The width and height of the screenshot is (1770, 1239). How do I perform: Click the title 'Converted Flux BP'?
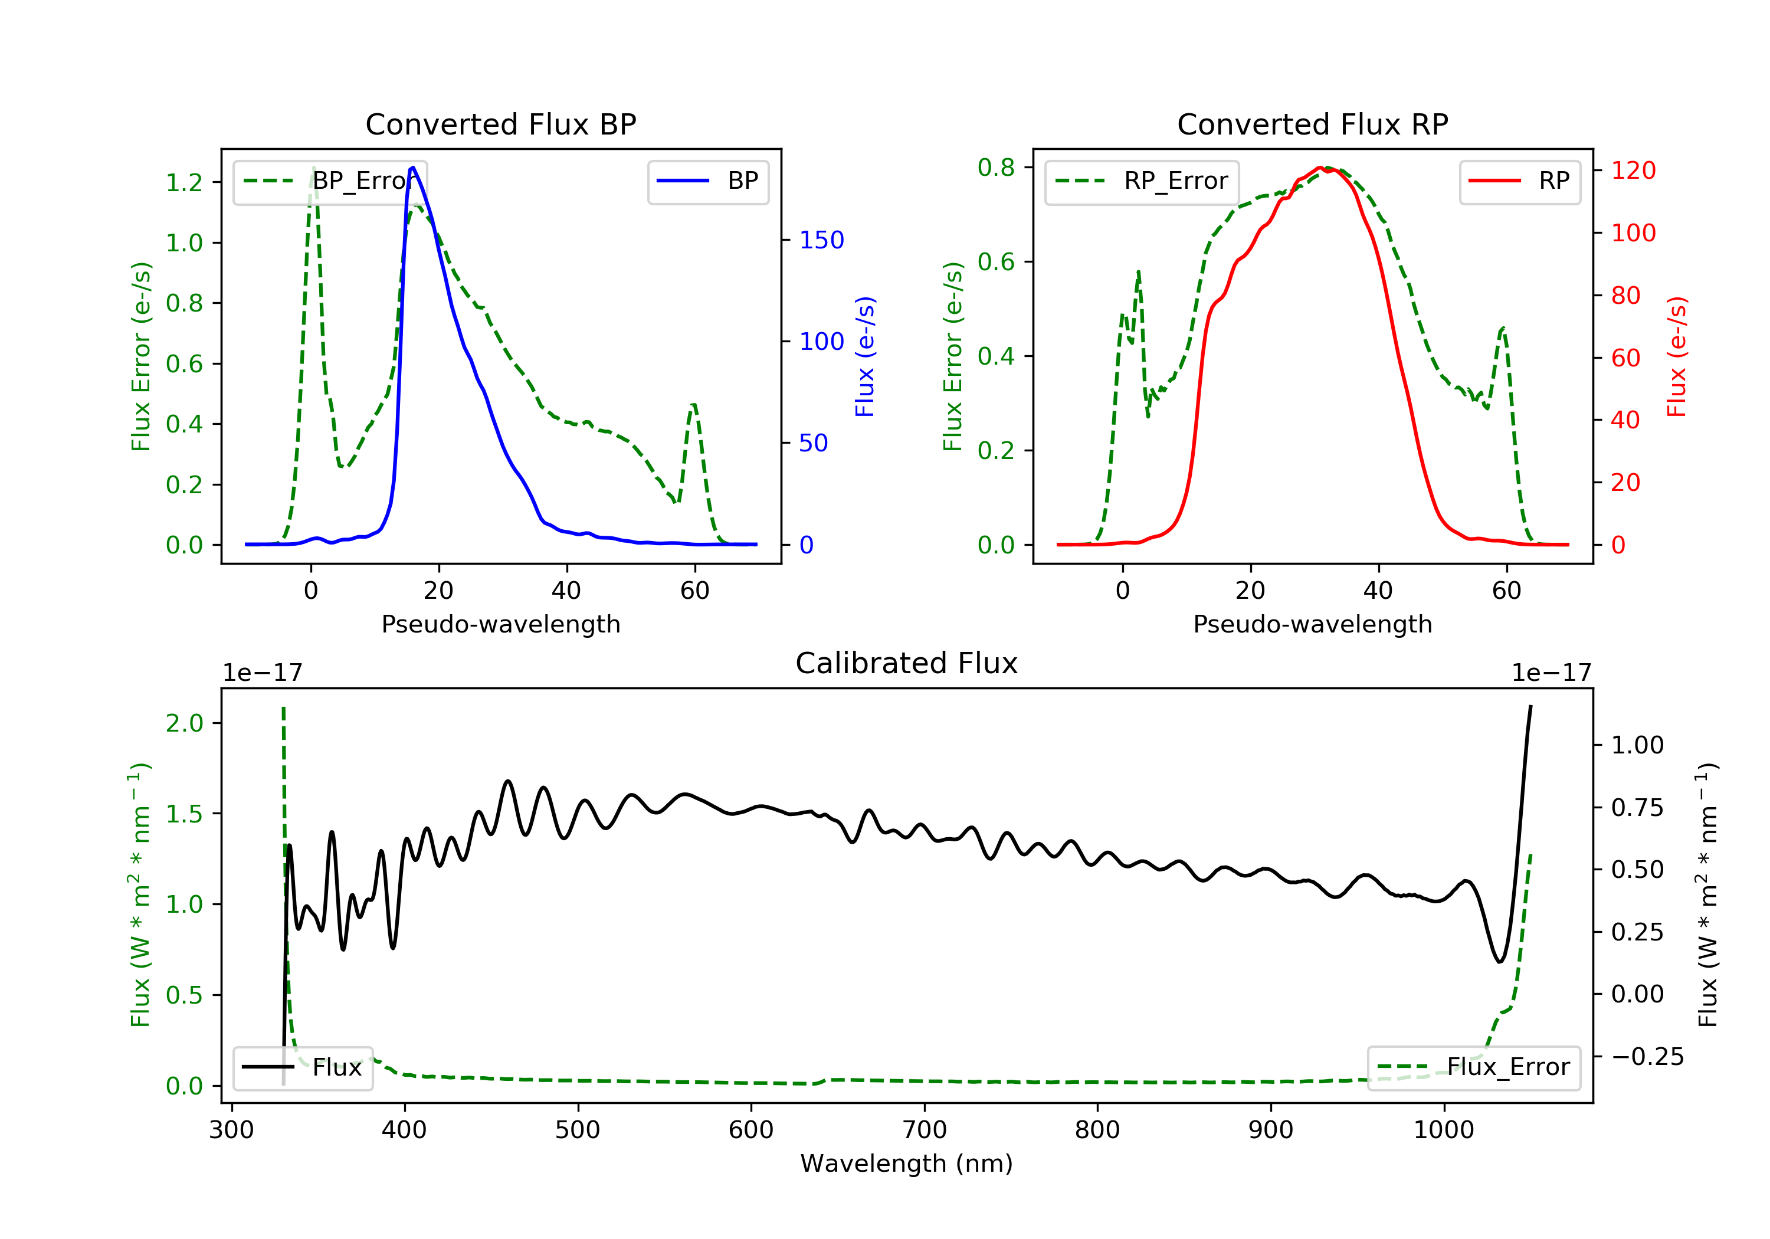tap(500, 124)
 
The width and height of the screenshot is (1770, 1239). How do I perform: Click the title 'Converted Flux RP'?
tap(1312, 124)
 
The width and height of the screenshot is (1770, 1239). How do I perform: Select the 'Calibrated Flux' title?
tap(907, 663)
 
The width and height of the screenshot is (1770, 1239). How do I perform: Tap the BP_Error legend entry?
tap(330, 181)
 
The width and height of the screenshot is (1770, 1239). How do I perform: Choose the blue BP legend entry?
tap(707, 181)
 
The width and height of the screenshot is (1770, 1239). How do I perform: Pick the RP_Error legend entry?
tap(1142, 181)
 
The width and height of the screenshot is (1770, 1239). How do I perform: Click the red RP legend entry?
tap(1519, 181)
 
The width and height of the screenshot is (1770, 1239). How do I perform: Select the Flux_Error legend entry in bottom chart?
tap(1473, 1067)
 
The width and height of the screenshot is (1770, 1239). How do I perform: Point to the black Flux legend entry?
tap(302, 1067)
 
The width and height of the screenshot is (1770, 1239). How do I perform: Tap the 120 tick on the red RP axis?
tap(1633, 171)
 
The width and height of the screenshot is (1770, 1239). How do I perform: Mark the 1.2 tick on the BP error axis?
tap(184, 183)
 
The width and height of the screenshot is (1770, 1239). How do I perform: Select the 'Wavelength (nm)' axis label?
tap(907, 1163)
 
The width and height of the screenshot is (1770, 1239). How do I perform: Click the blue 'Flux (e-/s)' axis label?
tap(865, 357)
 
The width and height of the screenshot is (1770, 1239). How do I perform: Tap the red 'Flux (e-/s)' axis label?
tap(1677, 357)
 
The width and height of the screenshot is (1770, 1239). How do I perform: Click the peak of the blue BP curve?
tap(413, 168)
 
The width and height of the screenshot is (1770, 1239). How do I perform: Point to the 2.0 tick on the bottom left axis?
tap(184, 723)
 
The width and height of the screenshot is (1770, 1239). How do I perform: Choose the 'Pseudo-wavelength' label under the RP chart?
tap(1312, 624)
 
